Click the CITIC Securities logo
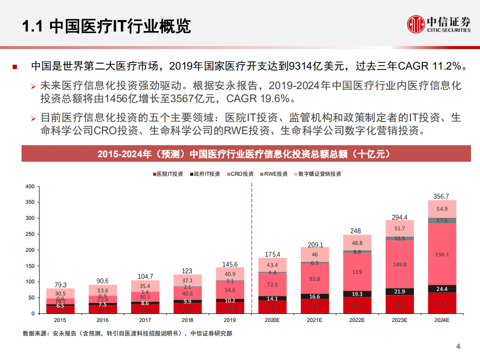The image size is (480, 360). [x=438, y=24]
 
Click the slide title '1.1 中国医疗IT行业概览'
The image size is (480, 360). [x=107, y=26]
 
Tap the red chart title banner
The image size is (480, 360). [x=246, y=154]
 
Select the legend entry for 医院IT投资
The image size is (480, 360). [x=168, y=174]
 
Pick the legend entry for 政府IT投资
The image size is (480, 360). [x=205, y=174]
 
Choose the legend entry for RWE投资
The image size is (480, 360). [x=276, y=174]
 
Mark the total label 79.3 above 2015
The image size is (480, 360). [x=60, y=284]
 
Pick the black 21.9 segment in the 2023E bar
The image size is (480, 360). [x=399, y=291]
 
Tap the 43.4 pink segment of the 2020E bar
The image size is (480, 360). [x=272, y=264]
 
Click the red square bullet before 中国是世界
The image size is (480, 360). [x=15, y=67]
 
